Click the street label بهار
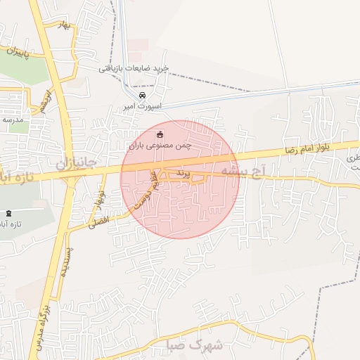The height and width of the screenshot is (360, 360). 66,27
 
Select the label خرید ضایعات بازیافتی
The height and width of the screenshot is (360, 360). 134,67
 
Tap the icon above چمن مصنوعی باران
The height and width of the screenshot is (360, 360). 160,134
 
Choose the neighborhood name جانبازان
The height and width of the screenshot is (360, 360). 77,164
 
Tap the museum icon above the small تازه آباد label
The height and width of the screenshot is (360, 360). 8,213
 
